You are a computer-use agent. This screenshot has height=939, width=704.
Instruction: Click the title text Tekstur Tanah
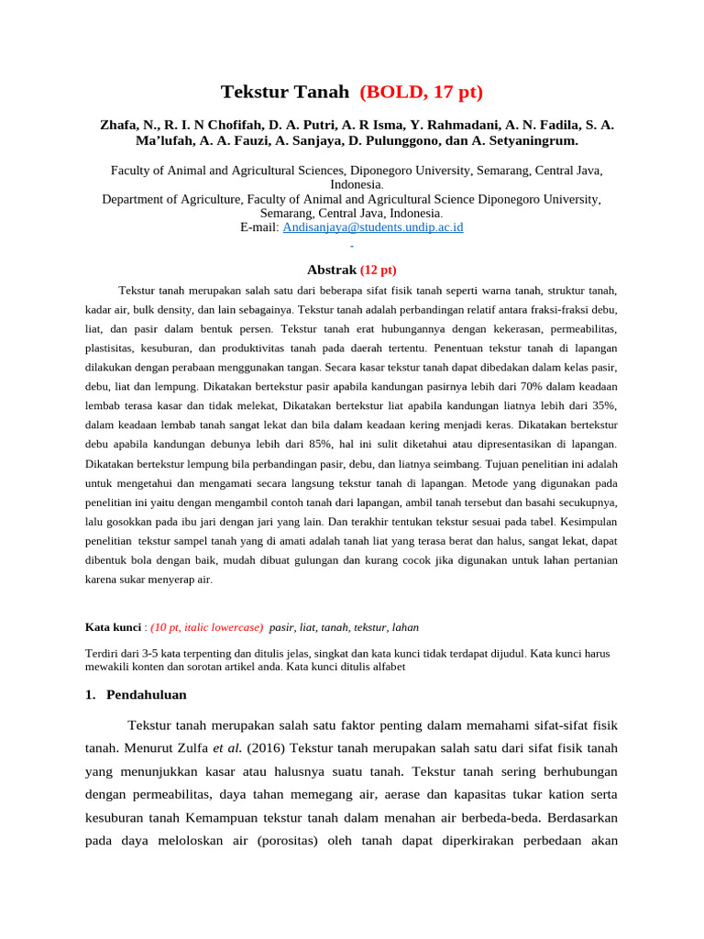(x=285, y=92)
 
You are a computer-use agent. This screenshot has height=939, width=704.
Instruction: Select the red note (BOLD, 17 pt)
(x=421, y=92)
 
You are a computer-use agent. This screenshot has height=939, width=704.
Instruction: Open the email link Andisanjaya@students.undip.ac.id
(x=373, y=226)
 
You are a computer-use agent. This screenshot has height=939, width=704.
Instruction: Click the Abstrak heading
(x=330, y=270)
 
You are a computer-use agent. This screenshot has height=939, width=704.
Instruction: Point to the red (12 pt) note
(x=378, y=270)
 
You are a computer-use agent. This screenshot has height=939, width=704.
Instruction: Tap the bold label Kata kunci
(x=113, y=627)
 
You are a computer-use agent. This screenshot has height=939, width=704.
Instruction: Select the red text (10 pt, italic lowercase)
(x=207, y=627)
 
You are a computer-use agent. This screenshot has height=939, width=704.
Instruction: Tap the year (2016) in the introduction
(x=262, y=746)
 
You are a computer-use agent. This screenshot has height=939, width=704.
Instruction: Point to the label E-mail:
(x=259, y=226)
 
